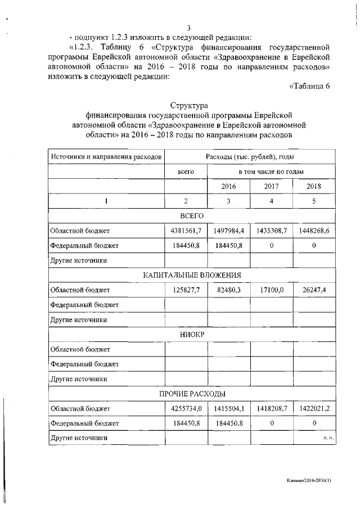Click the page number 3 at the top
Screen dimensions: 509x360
pyautogui.click(x=190, y=29)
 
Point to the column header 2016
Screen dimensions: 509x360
pyautogui.click(x=228, y=186)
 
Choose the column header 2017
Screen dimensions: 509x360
pyautogui.click(x=272, y=186)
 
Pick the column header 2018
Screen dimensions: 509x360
pyautogui.click(x=314, y=186)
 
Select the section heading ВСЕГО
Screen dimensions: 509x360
pyautogui.click(x=192, y=216)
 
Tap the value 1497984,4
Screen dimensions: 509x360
pyautogui.click(x=228, y=231)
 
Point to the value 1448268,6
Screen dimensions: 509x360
pyautogui.click(x=314, y=231)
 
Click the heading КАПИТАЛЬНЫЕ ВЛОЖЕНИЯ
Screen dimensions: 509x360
pyautogui.click(x=192, y=275)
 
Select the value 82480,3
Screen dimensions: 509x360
pyautogui.click(x=228, y=290)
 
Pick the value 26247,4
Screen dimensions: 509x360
pyautogui.click(x=314, y=290)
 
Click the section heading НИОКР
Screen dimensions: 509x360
pyautogui.click(x=192, y=334)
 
